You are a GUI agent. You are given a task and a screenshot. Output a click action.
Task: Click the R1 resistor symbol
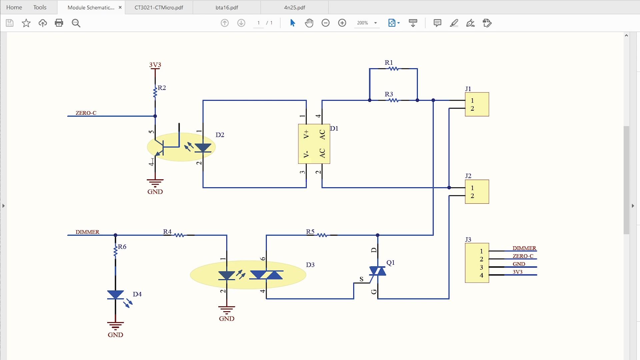pos(393,69)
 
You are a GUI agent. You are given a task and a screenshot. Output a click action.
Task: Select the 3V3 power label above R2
pos(155,65)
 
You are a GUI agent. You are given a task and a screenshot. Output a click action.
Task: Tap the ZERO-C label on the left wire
pos(86,113)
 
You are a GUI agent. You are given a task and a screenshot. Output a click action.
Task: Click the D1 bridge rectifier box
pos(314,144)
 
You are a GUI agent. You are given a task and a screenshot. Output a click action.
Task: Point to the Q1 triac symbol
pos(378,271)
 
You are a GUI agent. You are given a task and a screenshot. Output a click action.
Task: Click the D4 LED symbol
pos(116,295)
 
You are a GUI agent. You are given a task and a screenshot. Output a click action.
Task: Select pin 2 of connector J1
pos(472,108)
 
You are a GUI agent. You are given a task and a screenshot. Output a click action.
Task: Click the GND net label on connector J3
pos(519,264)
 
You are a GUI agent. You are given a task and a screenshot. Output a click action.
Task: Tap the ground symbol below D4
pos(115,325)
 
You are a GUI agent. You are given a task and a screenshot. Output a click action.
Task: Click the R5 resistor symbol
pos(322,235)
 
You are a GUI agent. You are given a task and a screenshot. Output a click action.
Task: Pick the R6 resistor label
pos(122,247)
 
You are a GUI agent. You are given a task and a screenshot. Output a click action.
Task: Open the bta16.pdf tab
pos(227,7)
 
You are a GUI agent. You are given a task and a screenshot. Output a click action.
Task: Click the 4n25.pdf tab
pos(294,7)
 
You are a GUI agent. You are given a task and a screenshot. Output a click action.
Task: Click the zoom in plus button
pos(342,23)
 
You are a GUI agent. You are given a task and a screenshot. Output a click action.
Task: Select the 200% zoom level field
pos(363,23)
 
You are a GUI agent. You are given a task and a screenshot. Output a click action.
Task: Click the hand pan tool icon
pos(309,23)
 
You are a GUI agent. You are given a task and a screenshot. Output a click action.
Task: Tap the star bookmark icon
pos(26,23)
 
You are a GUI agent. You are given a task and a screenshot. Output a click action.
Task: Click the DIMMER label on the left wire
pos(87,232)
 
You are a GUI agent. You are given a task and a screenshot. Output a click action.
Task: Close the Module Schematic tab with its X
pos(120,7)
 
